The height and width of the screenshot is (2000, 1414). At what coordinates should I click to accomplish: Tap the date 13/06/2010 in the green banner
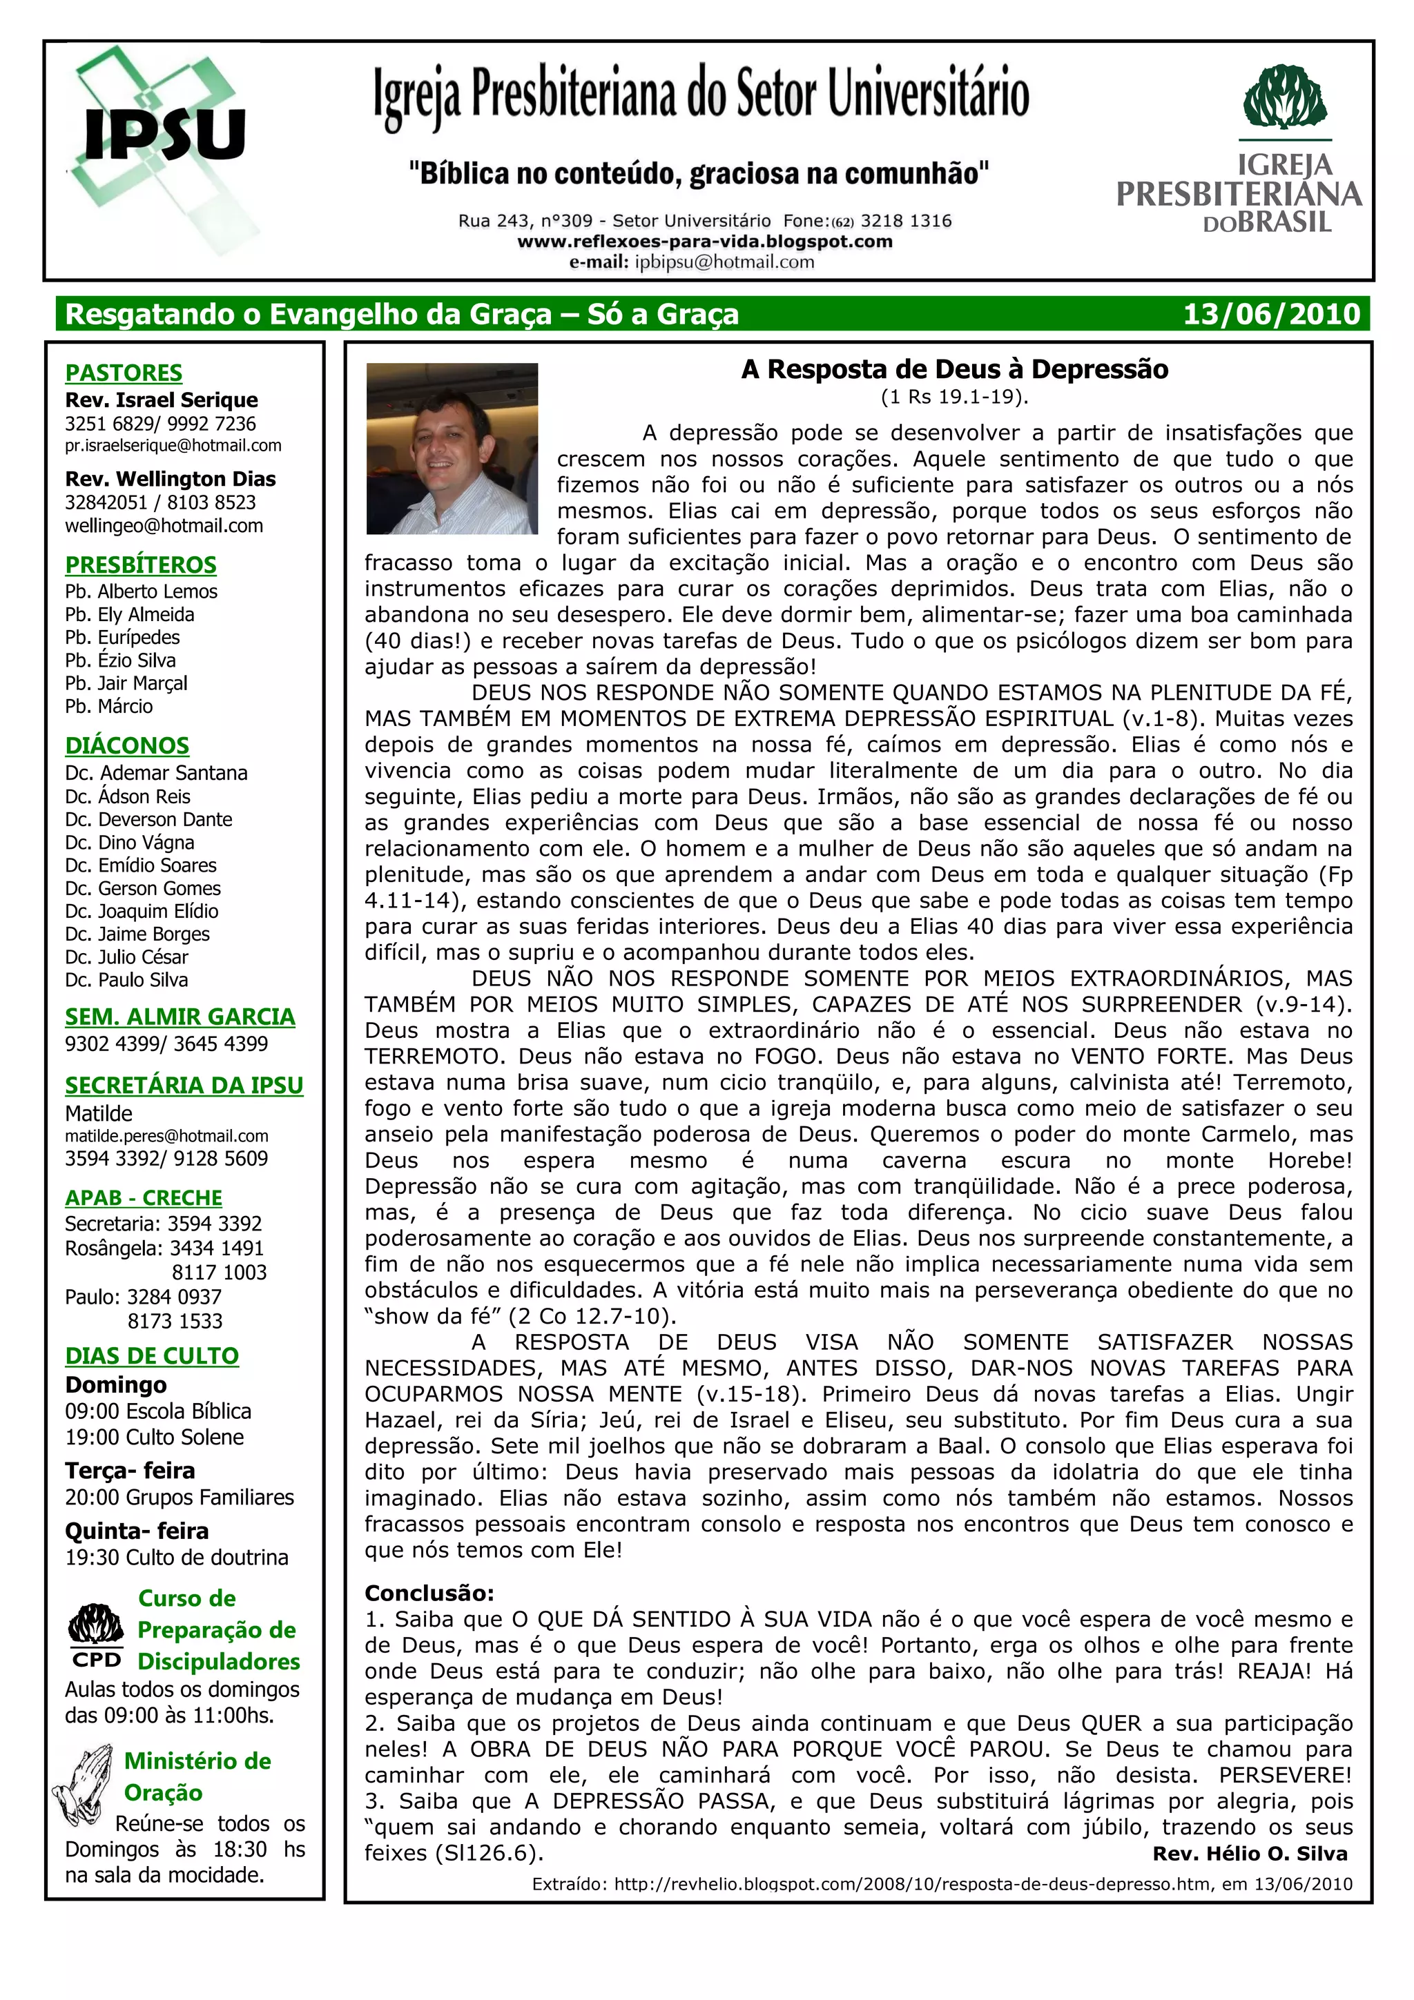pyautogui.click(x=1270, y=313)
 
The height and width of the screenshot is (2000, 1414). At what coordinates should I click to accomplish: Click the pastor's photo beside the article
pyautogui.click(x=452, y=448)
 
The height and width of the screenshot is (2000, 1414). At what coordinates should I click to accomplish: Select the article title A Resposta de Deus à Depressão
pyautogui.click(x=954, y=369)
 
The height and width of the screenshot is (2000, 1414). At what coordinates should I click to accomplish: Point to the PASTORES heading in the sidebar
pyautogui.click(x=124, y=373)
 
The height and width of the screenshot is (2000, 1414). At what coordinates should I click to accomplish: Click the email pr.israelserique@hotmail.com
pyautogui.click(x=173, y=446)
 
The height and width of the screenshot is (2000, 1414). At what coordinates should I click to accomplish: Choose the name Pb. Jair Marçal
pyautogui.click(x=126, y=684)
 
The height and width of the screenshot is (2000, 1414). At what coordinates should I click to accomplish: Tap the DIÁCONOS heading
pyautogui.click(x=127, y=745)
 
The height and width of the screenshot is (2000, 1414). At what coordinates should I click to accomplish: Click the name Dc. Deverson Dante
pyautogui.click(x=148, y=820)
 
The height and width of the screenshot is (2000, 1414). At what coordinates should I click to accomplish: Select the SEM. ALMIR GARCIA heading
pyautogui.click(x=180, y=1017)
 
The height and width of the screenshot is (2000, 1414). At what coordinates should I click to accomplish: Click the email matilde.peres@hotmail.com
pyautogui.click(x=166, y=1136)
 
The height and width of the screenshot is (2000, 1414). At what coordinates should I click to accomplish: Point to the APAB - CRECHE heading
pyautogui.click(x=144, y=1198)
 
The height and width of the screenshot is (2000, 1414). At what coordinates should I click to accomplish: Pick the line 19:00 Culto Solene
pyautogui.click(x=154, y=1438)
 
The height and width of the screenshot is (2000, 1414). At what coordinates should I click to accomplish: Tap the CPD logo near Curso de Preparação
pyautogui.click(x=97, y=1636)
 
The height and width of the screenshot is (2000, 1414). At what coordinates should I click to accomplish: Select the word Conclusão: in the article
pyautogui.click(x=429, y=1594)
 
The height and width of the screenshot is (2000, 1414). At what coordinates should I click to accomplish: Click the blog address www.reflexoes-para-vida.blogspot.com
pyautogui.click(x=705, y=242)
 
